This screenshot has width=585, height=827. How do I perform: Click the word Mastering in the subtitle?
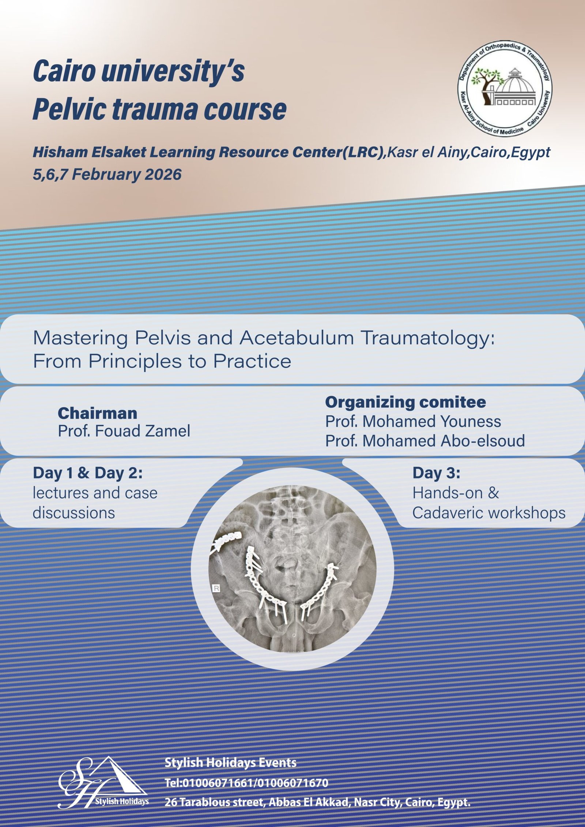click(80, 339)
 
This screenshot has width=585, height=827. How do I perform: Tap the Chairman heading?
click(98, 413)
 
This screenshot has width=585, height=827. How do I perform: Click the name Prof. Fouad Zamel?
click(124, 431)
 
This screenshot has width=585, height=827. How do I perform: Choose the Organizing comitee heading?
click(406, 402)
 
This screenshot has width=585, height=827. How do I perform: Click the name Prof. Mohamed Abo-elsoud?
click(425, 441)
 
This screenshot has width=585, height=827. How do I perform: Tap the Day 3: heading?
click(436, 473)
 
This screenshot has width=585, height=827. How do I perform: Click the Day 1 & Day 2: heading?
click(87, 473)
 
